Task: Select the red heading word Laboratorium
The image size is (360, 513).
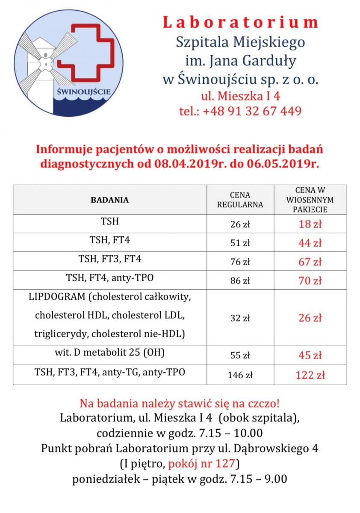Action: [x=240, y=22]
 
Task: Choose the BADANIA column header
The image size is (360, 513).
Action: [x=110, y=200]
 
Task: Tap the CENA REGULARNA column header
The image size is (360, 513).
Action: [x=240, y=200]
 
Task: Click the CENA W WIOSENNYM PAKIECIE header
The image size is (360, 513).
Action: [x=310, y=200]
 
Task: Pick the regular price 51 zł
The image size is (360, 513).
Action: [x=240, y=243]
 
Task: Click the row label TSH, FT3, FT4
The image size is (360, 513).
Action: [x=110, y=259]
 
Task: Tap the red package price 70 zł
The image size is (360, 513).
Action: [x=310, y=281]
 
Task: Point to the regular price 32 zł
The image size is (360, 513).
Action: [x=240, y=318]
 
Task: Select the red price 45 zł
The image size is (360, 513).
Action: [x=310, y=355]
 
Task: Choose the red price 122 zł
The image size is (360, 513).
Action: [x=310, y=376]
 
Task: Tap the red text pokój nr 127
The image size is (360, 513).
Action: [x=202, y=464]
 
